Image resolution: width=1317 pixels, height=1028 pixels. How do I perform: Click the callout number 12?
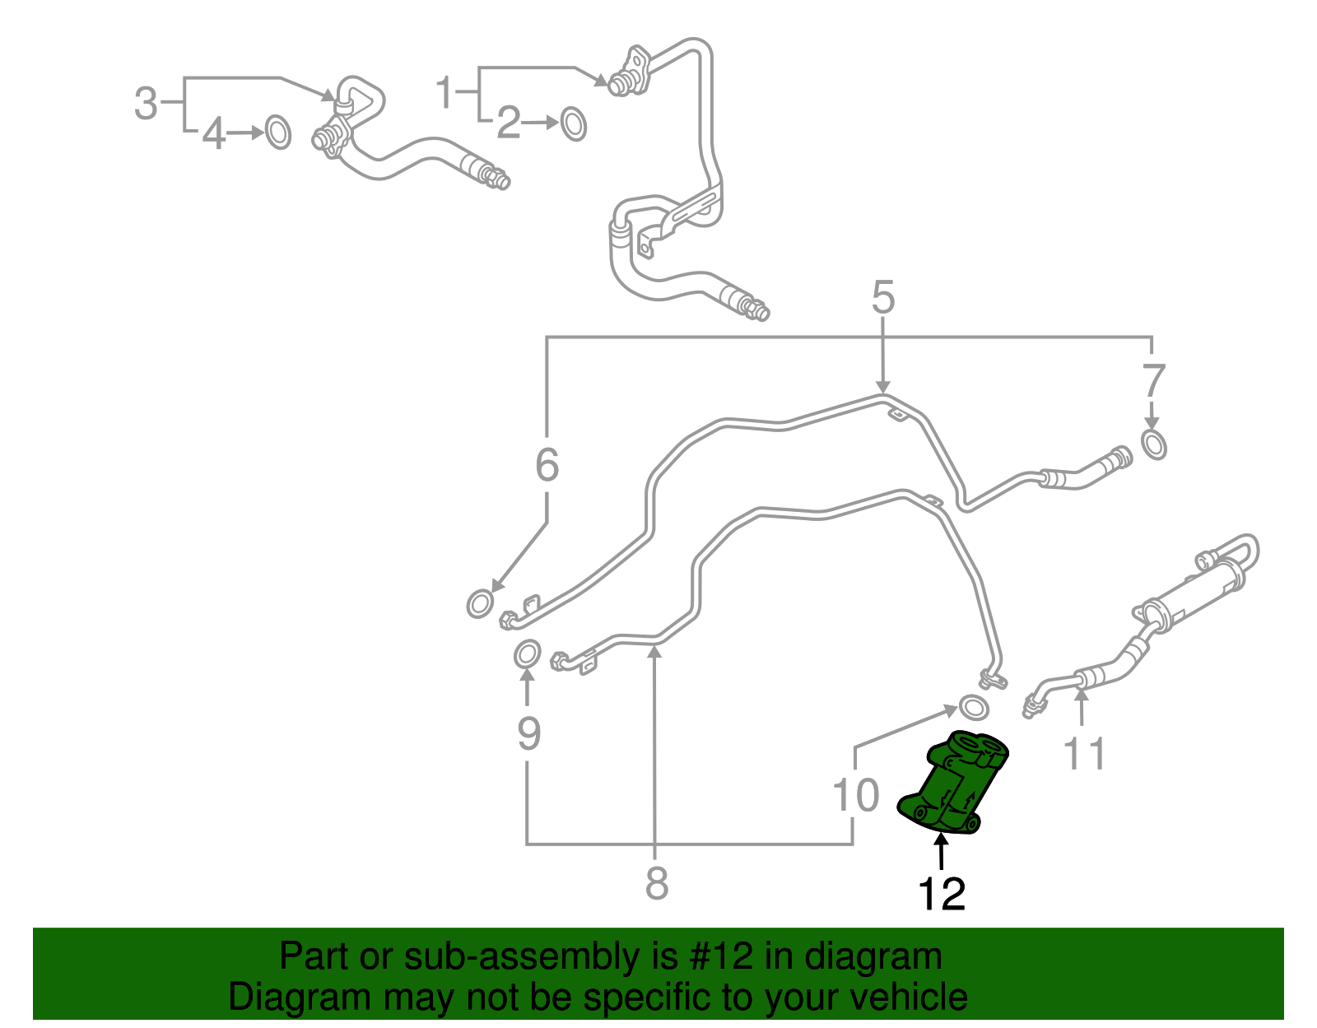point(942,894)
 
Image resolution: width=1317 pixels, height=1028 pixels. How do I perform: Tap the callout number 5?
point(882,298)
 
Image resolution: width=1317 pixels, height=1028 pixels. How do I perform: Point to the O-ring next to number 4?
point(278,133)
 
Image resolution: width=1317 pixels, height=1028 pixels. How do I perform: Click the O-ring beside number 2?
point(574,123)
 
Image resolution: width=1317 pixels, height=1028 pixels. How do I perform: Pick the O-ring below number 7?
point(1154,444)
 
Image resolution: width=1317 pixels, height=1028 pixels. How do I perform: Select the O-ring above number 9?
point(527,655)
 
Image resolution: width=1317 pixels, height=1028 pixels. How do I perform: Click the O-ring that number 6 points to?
point(479,604)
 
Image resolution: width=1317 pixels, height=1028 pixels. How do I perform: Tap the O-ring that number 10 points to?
point(974,706)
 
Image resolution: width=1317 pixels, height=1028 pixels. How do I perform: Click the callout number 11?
point(1085,753)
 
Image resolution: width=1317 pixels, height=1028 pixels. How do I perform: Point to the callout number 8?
point(656,884)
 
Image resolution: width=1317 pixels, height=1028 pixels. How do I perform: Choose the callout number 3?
point(146,104)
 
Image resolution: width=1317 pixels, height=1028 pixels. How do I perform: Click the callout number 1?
point(445,92)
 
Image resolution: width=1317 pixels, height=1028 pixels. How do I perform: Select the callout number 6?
point(547,465)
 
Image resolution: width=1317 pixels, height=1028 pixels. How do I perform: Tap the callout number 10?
point(856,796)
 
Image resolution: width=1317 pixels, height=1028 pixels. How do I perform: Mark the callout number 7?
point(1153,381)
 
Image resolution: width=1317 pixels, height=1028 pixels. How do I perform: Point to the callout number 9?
point(528,733)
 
